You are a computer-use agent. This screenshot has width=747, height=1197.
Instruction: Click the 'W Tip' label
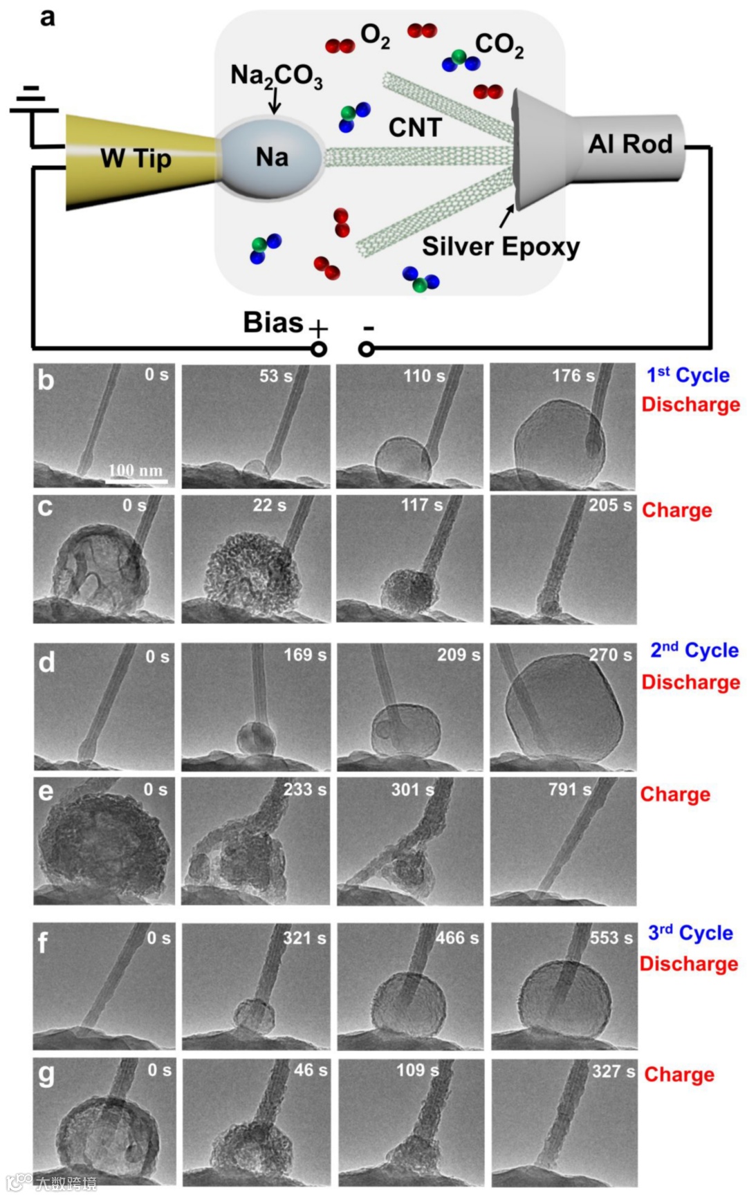click(136, 158)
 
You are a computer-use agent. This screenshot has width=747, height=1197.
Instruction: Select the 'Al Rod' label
click(629, 144)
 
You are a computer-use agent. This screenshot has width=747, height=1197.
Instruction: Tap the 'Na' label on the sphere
click(272, 157)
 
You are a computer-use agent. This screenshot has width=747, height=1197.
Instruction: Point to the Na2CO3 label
click(276, 75)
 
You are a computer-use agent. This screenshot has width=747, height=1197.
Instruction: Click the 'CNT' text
click(415, 127)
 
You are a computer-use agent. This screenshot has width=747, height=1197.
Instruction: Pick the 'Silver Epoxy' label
click(501, 247)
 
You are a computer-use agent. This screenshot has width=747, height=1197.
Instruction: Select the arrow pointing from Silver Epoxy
click(507, 216)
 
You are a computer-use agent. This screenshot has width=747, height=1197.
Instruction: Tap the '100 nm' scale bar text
click(136, 470)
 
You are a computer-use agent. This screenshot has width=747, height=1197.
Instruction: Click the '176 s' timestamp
click(573, 376)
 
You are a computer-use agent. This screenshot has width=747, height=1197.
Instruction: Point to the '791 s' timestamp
click(569, 789)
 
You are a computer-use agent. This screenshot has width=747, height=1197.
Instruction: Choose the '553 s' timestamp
click(611, 938)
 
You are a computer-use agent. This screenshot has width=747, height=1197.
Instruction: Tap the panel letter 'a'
click(47, 17)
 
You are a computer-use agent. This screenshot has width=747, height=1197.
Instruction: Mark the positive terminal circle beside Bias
click(318, 349)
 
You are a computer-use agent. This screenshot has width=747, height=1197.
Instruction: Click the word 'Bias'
click(273, 323)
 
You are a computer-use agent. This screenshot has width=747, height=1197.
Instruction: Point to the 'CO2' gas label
click(499, 45)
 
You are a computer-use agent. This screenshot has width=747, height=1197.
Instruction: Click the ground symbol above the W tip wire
click(32, 101)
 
